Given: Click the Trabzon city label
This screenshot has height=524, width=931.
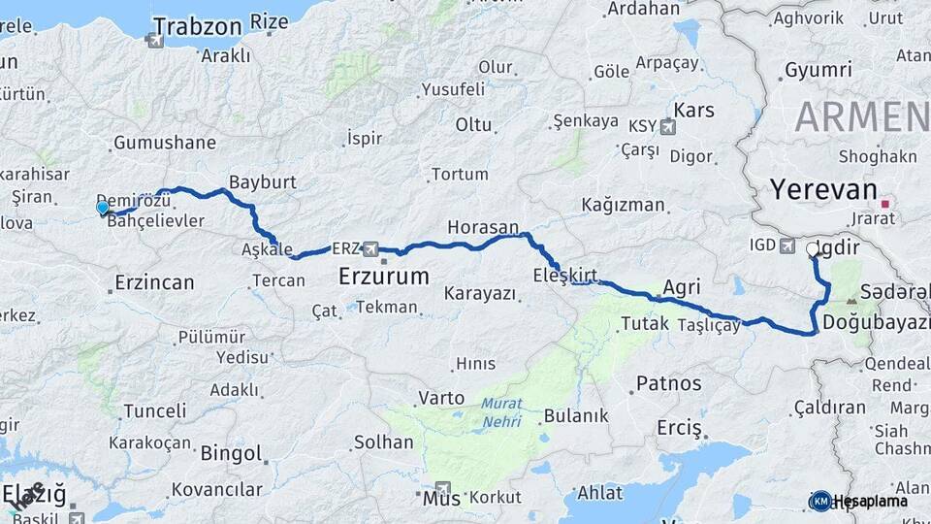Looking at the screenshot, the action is click(x=197, y=26).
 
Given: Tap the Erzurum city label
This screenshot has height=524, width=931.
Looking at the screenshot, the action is click(x=384, y=277).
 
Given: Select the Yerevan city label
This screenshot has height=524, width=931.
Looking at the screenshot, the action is click(x=823, y=188).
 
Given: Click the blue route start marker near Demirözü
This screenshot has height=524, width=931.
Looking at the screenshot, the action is click(x=103, y=207).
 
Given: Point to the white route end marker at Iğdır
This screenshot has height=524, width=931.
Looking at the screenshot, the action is click(x=813, y=249).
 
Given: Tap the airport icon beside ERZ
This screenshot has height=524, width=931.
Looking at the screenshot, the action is click(x=369, y=248).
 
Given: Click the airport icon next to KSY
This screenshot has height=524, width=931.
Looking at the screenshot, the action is click(x=667, y=126).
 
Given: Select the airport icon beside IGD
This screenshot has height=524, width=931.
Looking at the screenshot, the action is click(x=787, y=246).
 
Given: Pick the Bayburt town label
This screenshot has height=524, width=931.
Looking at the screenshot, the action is click(x=263, y=182).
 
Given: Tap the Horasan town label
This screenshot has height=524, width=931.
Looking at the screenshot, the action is click(x=483, y=227).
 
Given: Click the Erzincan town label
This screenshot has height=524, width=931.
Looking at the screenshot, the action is click(x=154, y=283).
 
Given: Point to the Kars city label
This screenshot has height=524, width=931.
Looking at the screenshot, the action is click(x=693, y=109).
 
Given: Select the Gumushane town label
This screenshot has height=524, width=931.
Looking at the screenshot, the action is click(x=165, y=143).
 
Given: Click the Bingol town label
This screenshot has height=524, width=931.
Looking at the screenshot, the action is click(x=232, y=453).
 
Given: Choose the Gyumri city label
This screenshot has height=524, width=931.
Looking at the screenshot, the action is click(x=819, y=70).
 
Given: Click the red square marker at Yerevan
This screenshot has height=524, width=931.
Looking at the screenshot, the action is click(x=884, y=204).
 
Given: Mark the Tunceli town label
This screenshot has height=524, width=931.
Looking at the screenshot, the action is click(x=155, y=410).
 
